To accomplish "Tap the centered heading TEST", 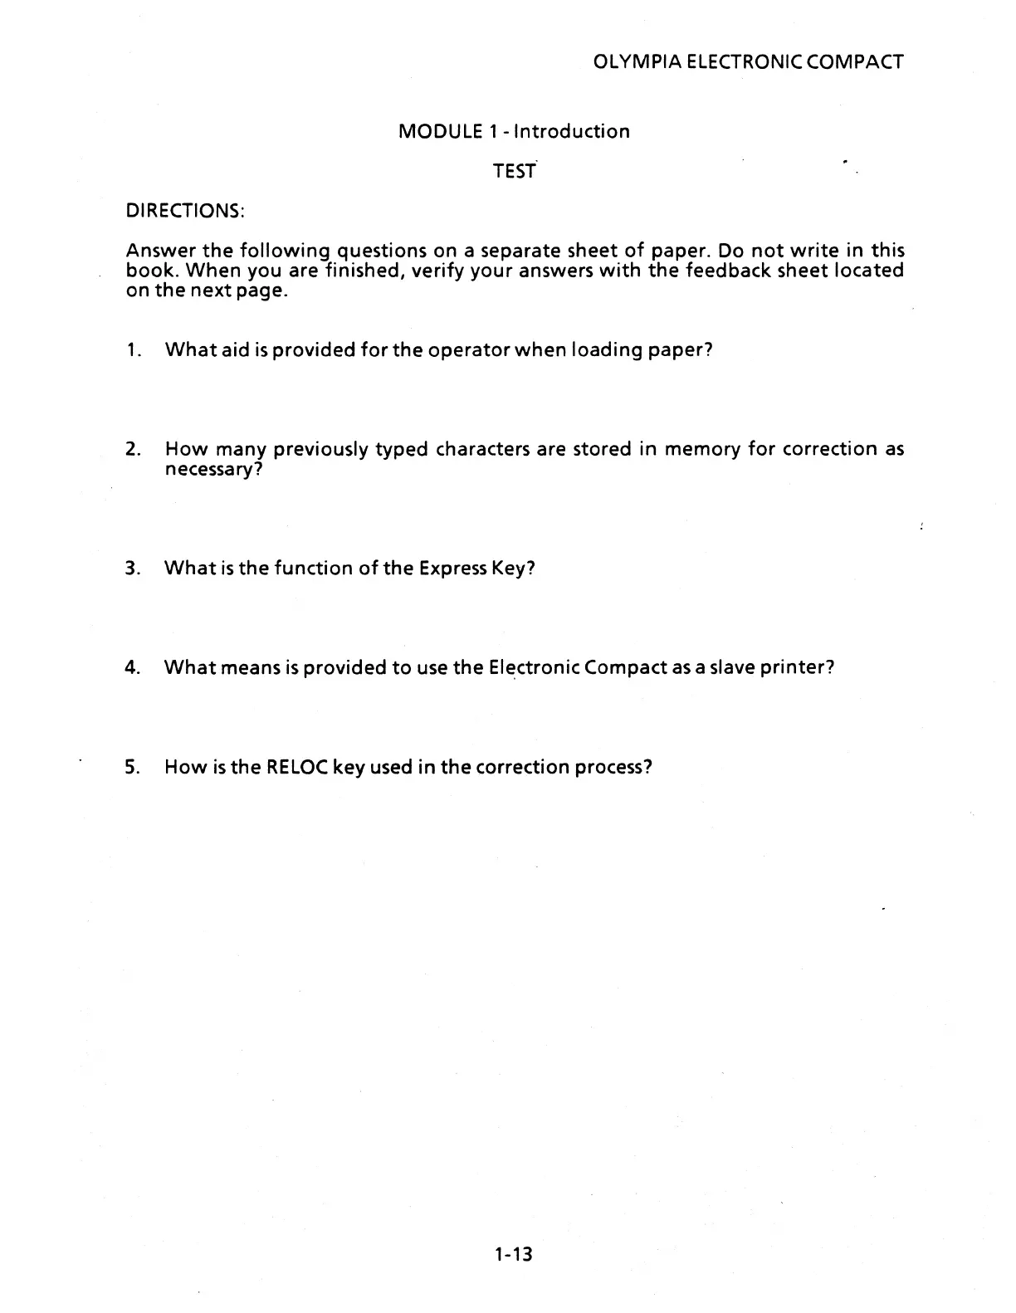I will pos(514,171).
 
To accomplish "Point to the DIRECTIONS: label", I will pos(184,211).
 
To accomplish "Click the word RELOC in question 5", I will pos(296,767).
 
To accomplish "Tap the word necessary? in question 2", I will pos(214,470).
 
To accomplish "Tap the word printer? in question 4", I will pos(795,667).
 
